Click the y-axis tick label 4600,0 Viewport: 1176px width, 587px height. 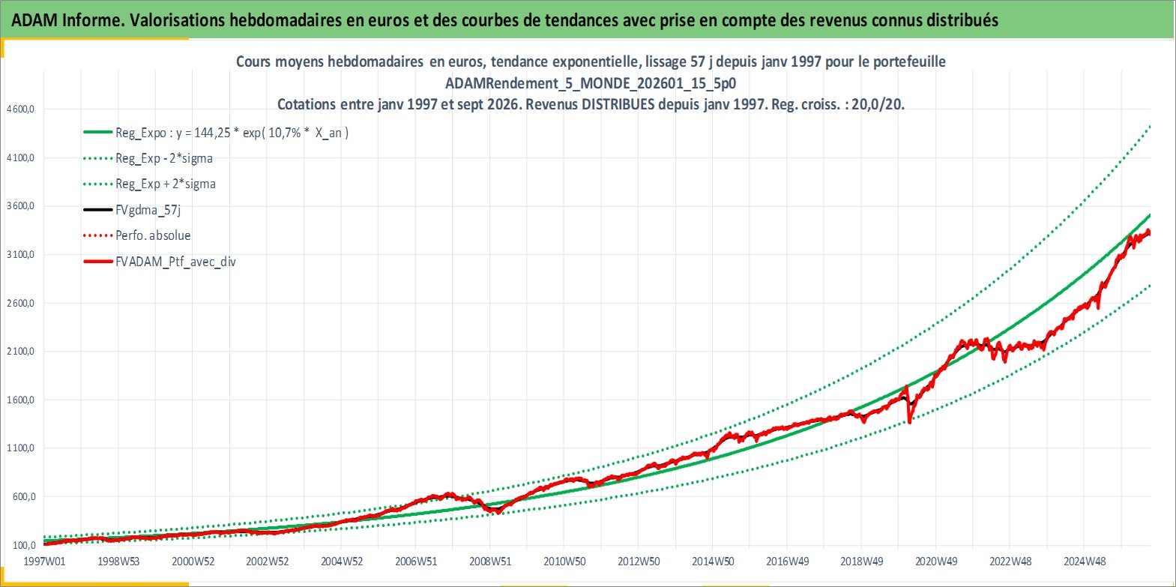click(x=20, y=109)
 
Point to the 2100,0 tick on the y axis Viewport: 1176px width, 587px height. click(x=20, y=352)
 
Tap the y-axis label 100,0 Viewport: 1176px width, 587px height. click(x=24, y=545)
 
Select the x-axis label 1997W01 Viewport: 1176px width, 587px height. click(x=45, y=562)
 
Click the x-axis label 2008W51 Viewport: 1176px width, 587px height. click(x=490, y=562)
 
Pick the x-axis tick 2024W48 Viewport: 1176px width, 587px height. click(x=1085, y=562)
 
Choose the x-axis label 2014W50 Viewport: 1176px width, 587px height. click(x=713, y=562)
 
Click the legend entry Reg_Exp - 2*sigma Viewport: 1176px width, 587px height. click(x=148, y=159)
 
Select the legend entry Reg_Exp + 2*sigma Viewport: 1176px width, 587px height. click(x=150, y=184)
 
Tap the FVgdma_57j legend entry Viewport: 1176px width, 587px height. click(x=132, y=210)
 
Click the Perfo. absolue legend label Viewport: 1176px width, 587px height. click(x=137, y=235)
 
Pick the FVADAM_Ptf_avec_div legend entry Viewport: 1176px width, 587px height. click(x=160, y=262)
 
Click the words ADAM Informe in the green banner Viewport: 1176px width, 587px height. click(x=66, y=20)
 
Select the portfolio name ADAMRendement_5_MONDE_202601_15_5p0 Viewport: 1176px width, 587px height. click(x=591, y=83)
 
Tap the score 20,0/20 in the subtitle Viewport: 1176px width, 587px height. click(x=877, y=104)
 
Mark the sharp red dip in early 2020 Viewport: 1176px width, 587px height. click(x=909, y=420)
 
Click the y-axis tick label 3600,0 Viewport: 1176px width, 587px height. click(x=20, y=206)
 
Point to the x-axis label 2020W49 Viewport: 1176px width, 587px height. click(x=936, y=562)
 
